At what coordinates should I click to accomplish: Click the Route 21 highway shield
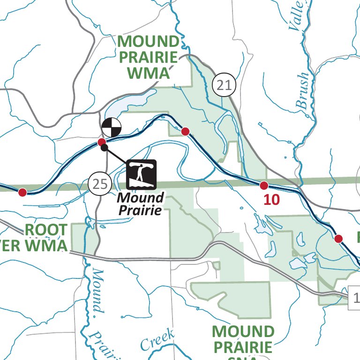coord(224,85)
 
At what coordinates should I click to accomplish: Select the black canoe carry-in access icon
coord(141,173)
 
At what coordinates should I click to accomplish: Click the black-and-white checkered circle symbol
coord(111,127)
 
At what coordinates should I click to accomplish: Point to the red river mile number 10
coord(271,200)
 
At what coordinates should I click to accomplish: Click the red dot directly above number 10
coord(264,185)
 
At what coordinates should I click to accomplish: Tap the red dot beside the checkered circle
coord(101,142)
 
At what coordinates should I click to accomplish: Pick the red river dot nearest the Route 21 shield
coord(185,131)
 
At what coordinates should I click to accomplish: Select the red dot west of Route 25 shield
coord(22,192)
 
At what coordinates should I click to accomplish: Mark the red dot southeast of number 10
coord(338,239)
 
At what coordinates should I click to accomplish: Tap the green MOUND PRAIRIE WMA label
coord(148,57)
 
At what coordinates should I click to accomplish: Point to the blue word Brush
coord(303,91)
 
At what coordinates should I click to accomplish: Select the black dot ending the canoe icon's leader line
coord(105,148)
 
